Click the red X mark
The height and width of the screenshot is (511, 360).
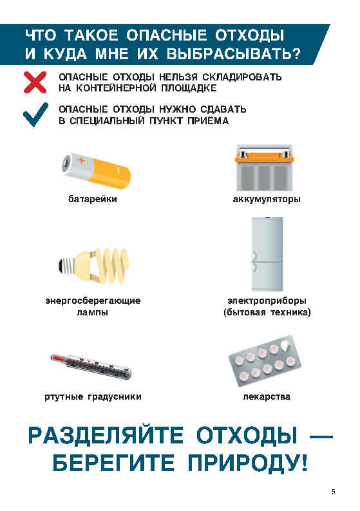tap(35, 82)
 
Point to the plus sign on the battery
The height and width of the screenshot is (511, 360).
tap(81, 160)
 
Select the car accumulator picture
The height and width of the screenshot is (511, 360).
tap(265, 168)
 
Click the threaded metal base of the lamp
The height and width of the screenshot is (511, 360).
tap(67, 265)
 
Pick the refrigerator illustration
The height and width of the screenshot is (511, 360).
tap(267, 254)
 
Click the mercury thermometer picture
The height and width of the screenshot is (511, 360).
tap(91, 366)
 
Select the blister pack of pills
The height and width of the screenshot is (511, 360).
tap(265, 361)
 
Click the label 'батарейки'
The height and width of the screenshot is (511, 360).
tap(93, 199)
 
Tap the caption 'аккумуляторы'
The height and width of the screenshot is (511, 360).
tap(267, 199)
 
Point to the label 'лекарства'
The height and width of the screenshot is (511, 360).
tap(267, 396)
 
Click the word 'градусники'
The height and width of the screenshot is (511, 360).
tap(115, 397)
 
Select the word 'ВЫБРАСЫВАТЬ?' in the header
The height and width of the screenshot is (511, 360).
tap(234, 54)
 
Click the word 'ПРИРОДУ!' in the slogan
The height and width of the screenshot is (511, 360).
tap(247, 463)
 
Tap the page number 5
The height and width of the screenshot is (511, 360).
tap(333, 492)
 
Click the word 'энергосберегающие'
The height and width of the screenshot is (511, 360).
tap(93, 301)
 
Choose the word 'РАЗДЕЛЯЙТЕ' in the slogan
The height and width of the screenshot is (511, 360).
tap(106, 435)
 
